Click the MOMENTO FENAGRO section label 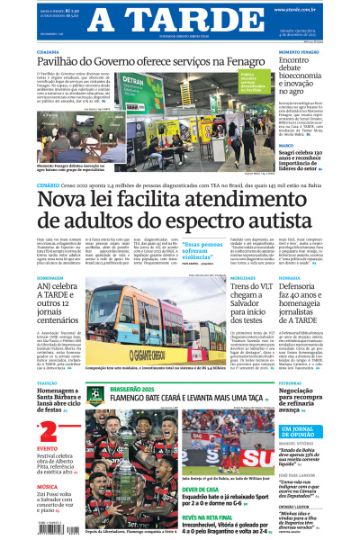click(300, 52)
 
